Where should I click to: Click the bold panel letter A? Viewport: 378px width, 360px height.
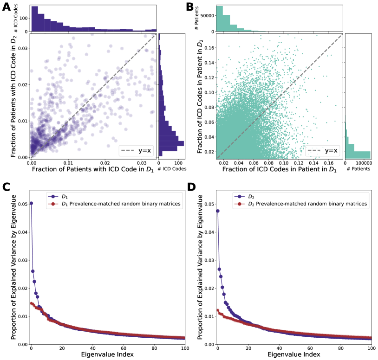click(x=7, y=7)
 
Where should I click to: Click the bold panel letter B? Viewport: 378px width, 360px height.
click(x=190, y=7)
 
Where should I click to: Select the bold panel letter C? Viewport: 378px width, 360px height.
click(x=7, y=187)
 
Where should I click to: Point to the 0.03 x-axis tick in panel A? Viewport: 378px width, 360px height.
click(x=142, y=163)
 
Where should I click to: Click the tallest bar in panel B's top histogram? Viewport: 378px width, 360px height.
click(x=220, y=19)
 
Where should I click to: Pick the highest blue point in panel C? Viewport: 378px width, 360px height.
click(x=31, y=203)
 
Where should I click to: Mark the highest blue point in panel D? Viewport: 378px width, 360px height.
click(x=217, y=211)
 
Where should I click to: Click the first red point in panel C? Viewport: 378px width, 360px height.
click(x=31, y=303)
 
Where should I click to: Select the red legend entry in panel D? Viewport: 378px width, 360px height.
click(x=302, y=203)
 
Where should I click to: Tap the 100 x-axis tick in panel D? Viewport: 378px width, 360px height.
click(x=371, y=348)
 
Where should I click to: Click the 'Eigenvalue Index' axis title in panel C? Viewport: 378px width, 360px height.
click(x=108, y=355)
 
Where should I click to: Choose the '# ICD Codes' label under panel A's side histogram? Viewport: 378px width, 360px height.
click(x=172, y=169)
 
